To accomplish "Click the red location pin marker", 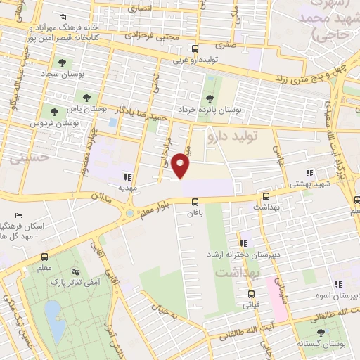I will coord(181,165).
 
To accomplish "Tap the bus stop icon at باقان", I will coord(195,201).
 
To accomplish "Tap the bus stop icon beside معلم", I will coord(45,257).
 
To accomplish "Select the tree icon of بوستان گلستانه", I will coord(321,333).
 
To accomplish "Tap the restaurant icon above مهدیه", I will coord(127,178).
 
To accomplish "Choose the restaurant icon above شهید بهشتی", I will coord(309,172).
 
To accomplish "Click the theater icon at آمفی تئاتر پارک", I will coord(76,271).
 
